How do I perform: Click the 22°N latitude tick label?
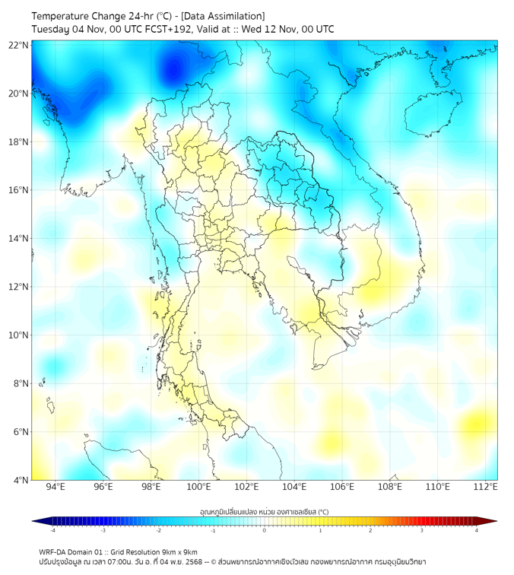(x=19, y=45)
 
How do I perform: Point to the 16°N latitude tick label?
(x=19, y=190)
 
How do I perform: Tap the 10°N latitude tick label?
(x=19, y=335)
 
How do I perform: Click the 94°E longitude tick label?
(x=56, y=487)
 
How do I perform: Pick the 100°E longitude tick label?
(x=198, y=487)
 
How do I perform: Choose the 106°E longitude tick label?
(x=342, y=487)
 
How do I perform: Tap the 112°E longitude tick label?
(x=485, y=487)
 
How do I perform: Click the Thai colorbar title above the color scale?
(x=264, y=512)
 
